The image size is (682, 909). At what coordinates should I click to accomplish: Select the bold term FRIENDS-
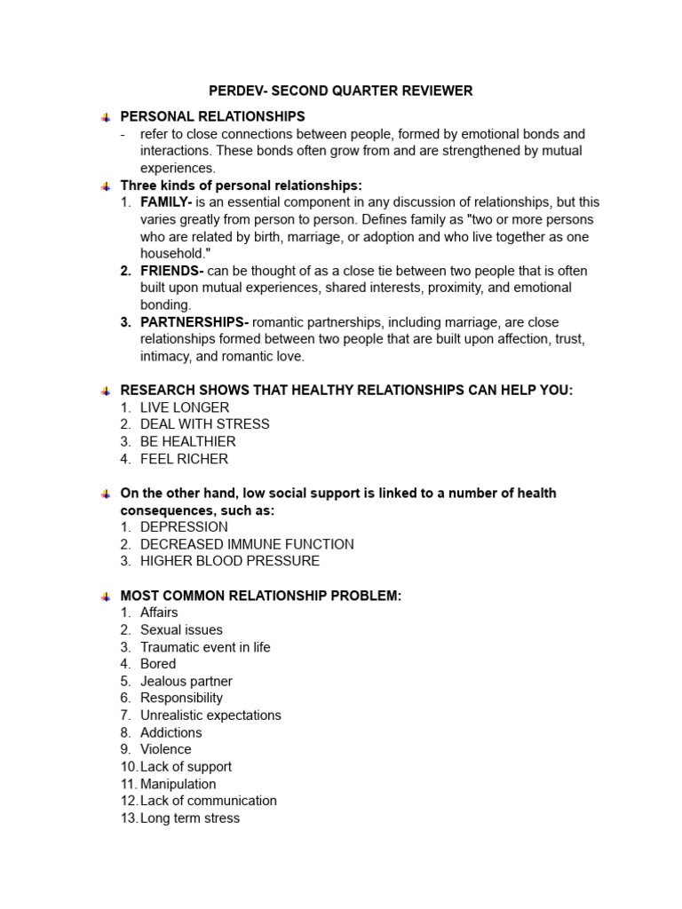pyautogui.click(x=171, y=271)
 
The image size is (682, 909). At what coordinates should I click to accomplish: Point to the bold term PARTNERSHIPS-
pyautogui.click(x=194, y=322)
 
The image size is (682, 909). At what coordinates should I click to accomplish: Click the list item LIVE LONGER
pyautogui.click(x=185, y=407)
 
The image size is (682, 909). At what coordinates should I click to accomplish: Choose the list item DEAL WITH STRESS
pyautogui.click(x=204, y=424)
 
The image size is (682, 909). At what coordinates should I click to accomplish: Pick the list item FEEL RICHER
pyautogui.click(x=184, y=459)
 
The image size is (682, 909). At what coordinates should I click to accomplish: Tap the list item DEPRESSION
pyautogui.click(x=184, y=527)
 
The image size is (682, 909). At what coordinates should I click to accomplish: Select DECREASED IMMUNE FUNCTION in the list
pyautogui.click(x=247, y=544)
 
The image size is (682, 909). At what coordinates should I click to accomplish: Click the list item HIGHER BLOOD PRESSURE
pyautogui.click(x=230, y=561)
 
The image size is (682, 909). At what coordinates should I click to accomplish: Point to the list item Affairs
pyautogui.click(x=159, y=613)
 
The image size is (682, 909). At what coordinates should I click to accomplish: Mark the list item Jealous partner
pyautogui.click(x=186, y=681)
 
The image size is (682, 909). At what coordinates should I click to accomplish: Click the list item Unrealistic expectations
pyautogui.click(x=210, y=715)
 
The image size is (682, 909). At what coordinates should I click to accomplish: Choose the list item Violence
pyautogui.click(x=165, y=749)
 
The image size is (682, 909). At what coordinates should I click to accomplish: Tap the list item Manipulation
pyautogui.click(x=178, y=784)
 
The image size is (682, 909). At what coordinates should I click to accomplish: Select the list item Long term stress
pyautogui.click(x=190, y=818)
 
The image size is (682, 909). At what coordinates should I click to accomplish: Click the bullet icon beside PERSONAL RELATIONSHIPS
pyautogui.click(x=105, y=117)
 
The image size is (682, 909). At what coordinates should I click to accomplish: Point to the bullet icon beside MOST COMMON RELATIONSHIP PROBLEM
pyautogui.click(x=105, y=597)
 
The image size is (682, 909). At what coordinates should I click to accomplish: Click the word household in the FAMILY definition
pyautogui.click(x=171, y=254)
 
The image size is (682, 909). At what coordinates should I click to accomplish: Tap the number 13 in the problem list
pyautogui.click(x=128, y=818)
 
